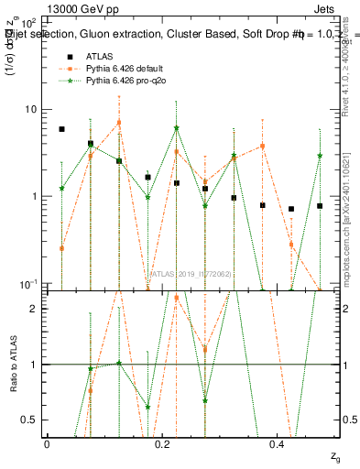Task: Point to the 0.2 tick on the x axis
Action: pos(162,443)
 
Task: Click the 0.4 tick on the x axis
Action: pos(278,443)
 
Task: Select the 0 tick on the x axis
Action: pos(47,443)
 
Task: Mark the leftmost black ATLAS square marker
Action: pos(61,129)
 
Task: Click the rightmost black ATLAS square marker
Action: pos(320,206)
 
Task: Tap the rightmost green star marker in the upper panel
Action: pos(320,156)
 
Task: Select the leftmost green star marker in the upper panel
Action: pos(61,188)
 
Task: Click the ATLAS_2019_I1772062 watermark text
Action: pos(191,273)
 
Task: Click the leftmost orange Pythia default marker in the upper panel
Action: pos(61,248)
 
